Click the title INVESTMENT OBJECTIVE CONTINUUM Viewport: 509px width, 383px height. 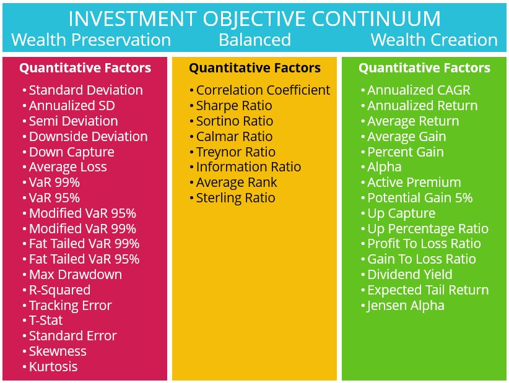(x=254, y=18)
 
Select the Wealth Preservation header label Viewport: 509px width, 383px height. (x=91, y=40)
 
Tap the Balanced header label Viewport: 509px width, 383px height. (x=255, y=40)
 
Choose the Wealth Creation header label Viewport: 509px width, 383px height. (x=434, y=40)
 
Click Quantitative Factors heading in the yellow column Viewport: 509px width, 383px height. (x=255, y=68)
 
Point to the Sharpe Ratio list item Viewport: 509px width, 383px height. (x=234, y=105)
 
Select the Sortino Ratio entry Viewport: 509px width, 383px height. (x=234, y=121)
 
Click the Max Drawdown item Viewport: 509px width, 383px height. (x=76, y=274)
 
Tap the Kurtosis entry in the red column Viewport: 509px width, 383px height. (x=53, y=367)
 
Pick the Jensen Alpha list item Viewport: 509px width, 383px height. (x=406, y=306)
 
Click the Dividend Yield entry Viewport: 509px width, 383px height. (x=410, y=274)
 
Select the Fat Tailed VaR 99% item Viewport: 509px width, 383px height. (x=84, y=244)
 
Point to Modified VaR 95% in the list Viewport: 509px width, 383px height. (x=82, y=213)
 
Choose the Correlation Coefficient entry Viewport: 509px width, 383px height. (x=263, y=90)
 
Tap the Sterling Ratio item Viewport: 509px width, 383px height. (x=236, y=198)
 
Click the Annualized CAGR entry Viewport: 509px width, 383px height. (x=419, y=90)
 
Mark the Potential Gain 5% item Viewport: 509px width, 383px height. (x=420, y=198)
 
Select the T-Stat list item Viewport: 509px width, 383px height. (x=46, y=321)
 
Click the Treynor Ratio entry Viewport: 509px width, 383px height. (x=236, y=152)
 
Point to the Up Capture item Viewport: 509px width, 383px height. (x=401, y=213)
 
